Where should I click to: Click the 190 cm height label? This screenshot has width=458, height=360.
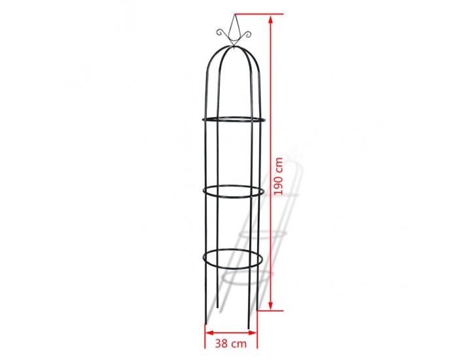pyautogui.click(x=279, y=176)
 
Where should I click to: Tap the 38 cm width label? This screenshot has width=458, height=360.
pyautogui.click(x=231, y=344)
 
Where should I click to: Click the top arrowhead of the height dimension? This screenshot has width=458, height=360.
pyautogui.click(x=271, y=20)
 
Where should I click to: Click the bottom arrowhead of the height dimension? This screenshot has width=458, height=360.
pyautogui.click(x=271, y=305)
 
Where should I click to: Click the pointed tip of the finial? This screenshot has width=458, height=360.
pyautogui.click(x=234, y=14)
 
